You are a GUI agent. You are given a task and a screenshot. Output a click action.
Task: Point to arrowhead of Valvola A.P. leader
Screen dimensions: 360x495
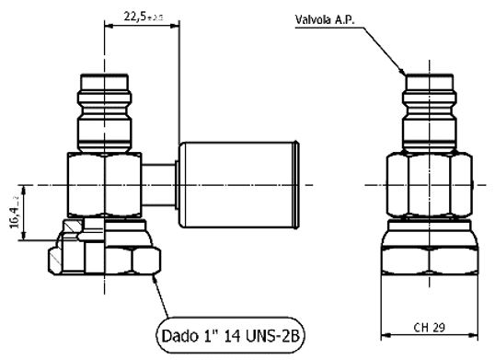point(404,70)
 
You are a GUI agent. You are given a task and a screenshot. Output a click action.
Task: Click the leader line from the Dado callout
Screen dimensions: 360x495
point(166,295)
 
